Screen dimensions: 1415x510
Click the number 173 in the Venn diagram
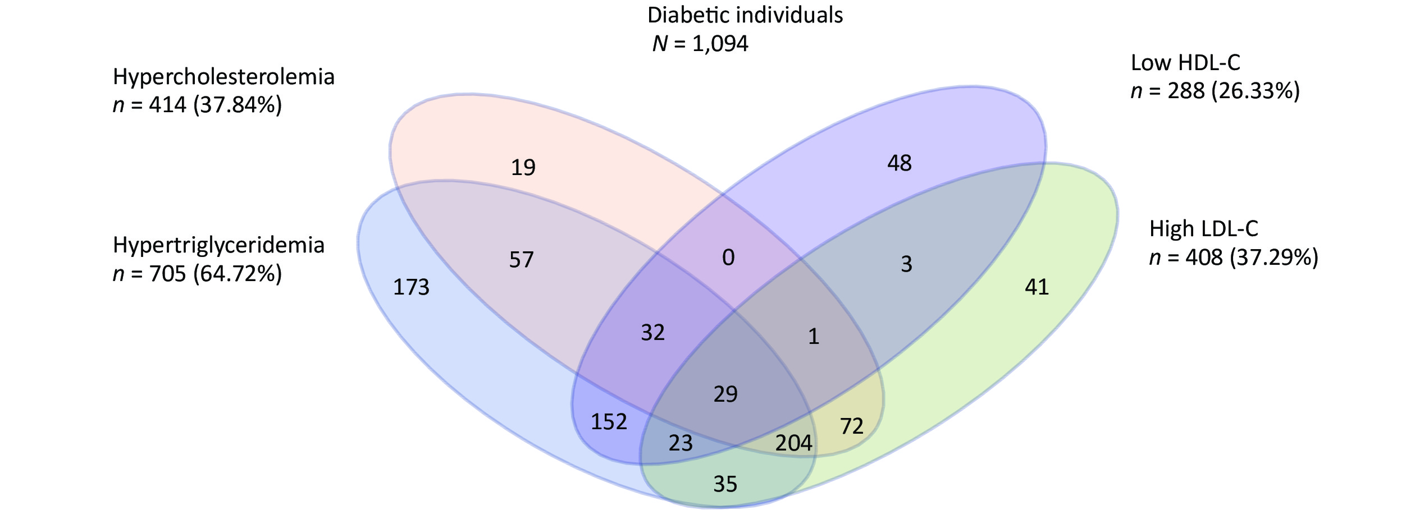click(411, 287)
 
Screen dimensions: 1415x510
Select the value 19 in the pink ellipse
click(523, 167)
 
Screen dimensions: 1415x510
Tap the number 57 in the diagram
click(522, 260)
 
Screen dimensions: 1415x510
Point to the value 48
click(900, 163)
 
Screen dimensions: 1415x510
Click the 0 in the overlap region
click(728, 258)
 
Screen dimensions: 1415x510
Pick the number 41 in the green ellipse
click(1037, 287)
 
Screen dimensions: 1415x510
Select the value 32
click(653, 333)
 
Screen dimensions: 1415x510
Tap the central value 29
click(725, 394)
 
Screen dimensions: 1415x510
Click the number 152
click(609, 422)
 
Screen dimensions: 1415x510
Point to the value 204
click(794, 443)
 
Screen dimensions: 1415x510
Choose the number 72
click(852, 426)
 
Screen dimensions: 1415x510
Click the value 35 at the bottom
click(725, 484)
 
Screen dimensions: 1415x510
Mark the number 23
click(681, 444)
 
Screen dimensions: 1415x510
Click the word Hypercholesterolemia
click(224, 77)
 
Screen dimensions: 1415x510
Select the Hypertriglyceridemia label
click(219, 246)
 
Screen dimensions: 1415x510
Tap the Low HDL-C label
click(1186, 63)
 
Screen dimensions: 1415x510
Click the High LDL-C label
click(1204, 229)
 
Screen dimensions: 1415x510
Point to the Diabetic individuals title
click(745, 15)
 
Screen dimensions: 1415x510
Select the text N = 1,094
click(700, 44)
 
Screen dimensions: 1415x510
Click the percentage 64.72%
click(238, 274)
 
